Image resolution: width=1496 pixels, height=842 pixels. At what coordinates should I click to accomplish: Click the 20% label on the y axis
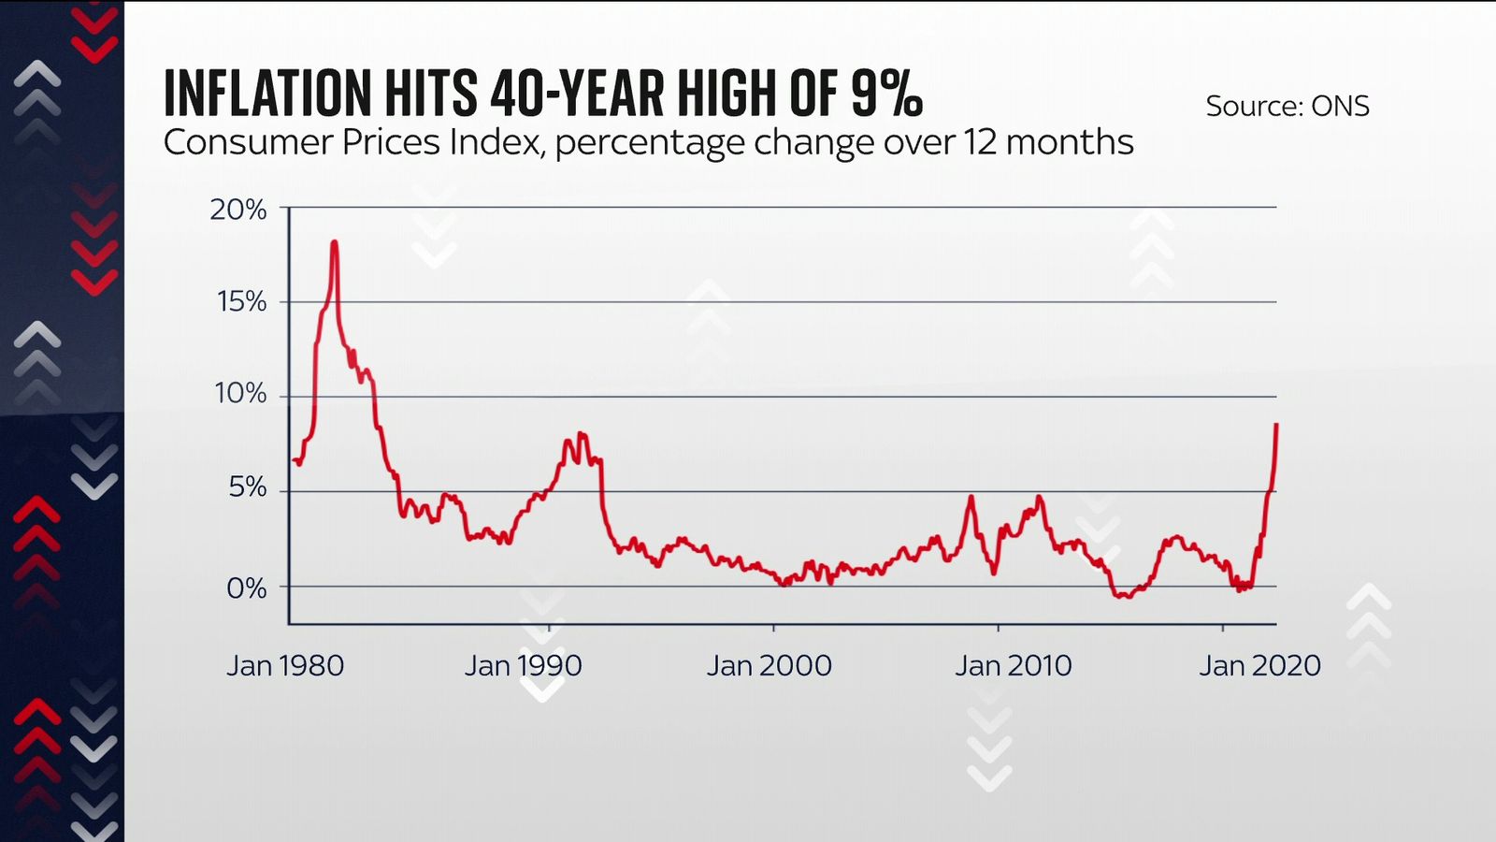(x=237, y=210)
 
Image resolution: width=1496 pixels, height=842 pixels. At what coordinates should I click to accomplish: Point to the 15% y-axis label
(x=241, y=301)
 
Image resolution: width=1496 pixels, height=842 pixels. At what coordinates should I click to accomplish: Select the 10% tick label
(x=240, y=393)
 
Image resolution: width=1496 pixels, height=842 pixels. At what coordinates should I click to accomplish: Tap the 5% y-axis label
(x=247, y=487)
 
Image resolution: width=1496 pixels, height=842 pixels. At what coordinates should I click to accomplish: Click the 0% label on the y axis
(x=246, y=588)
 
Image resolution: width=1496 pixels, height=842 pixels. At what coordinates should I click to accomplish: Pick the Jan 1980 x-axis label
(x=285, y=665)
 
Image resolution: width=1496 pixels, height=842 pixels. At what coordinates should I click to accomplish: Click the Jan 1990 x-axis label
(x=523, y=665)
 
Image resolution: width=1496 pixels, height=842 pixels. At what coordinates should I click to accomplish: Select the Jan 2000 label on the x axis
(x=769, y=665)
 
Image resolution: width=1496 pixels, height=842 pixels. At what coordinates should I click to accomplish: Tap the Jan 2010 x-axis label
(x=1013, y=665)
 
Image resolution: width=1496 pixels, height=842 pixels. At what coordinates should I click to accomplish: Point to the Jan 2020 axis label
(x=1259, y=665)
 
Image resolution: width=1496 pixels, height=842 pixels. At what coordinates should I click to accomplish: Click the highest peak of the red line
(x=334, y=243)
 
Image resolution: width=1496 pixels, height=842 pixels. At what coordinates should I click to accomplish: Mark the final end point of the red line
(x=1276, y=426)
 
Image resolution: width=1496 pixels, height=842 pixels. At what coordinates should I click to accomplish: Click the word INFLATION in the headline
(x=267, y=94)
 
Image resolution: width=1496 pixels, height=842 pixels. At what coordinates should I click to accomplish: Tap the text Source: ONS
(x=1287, y=106)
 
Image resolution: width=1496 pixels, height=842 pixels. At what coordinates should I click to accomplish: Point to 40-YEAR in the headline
(x=577, y=94)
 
